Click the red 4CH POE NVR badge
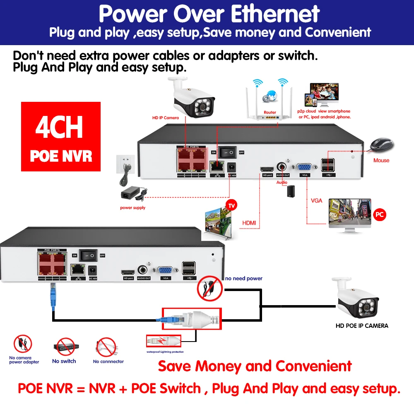[61, 136]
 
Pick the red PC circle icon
[379, 215]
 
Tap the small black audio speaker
[291, 190]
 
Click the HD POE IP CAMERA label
[361, 326]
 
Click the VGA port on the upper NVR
[306, 167]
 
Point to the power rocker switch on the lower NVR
[88, 255]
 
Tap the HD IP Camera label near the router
[166, 118]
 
